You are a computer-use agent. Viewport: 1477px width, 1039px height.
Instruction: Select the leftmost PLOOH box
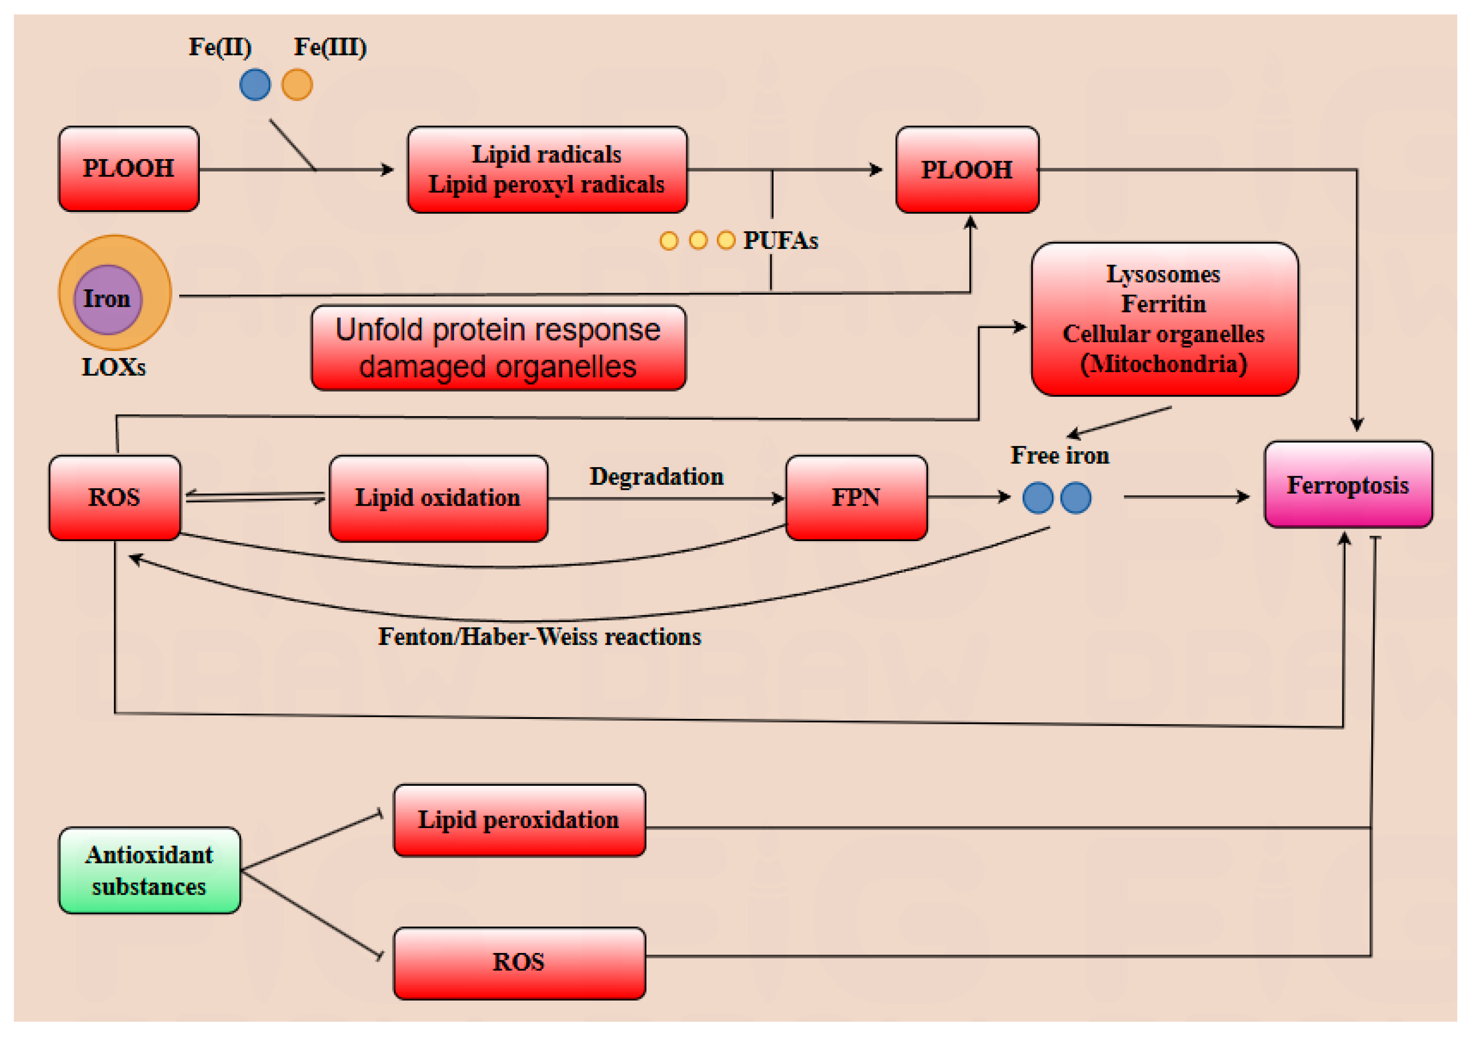click(x=129, y=169)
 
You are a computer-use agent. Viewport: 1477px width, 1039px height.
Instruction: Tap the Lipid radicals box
click(x=547, y=170)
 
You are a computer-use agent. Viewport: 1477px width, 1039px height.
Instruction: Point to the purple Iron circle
click(x=108, y=299)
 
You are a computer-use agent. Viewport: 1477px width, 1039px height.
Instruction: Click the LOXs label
click(x=114, y=367)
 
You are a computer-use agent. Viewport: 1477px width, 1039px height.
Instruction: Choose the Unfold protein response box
click(x=499, y=348)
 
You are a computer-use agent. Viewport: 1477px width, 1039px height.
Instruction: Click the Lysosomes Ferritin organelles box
click(x=1164, y=319)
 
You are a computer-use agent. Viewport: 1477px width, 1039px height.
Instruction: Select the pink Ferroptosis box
click(x=1348, y=484)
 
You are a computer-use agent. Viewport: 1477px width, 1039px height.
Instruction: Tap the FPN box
click(x=856, y=498)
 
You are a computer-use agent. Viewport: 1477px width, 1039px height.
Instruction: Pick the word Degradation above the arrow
click(x=656, y=477)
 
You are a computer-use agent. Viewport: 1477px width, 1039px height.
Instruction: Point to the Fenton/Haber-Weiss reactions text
click(x=539, y=636)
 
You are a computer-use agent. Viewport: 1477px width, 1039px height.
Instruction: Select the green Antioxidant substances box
click(x=149, y=870)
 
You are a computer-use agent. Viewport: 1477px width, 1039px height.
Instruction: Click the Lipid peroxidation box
click(x=519, y=820)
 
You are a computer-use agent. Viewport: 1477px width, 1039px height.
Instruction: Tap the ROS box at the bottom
click(x=519, y=963)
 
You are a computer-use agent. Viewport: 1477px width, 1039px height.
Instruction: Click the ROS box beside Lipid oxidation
click(x=114, y=498)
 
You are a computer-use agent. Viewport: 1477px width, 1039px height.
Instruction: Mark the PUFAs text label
click(x=780, y=241)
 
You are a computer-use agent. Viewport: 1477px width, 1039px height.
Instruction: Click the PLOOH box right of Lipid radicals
click(x=967, y=170)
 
